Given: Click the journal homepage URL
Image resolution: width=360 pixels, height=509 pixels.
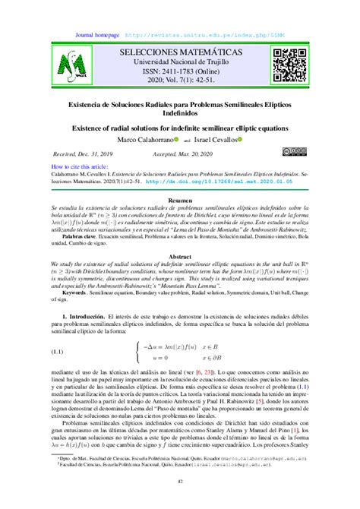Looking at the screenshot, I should click(214, 34).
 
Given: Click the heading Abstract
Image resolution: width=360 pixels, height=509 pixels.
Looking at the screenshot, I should click(180, 257).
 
